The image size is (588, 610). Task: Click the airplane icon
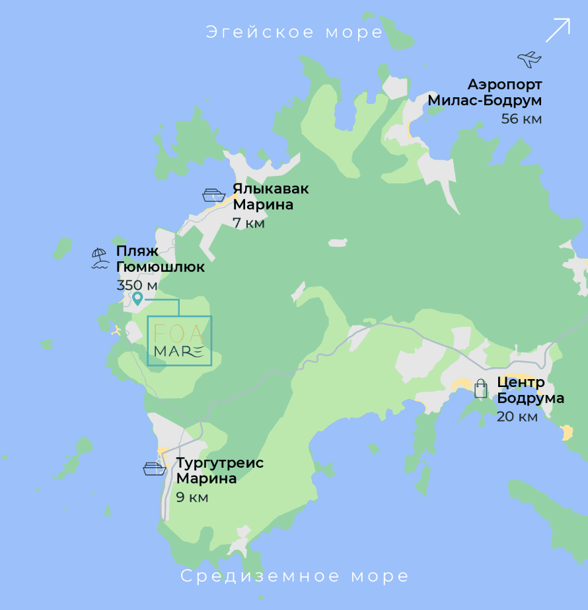[x=529, y=59]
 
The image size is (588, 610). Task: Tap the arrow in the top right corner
[x=557, y=30]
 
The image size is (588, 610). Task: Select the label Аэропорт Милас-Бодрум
[x=485, y=93]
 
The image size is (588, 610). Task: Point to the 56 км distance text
[x=521, y=119]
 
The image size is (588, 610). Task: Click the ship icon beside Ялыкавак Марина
[x=214, y=195]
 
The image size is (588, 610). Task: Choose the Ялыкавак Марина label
[x=270, y=196]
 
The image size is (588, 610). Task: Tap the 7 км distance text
[x=248, y=223]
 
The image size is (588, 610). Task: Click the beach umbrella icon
[x=100, y=258]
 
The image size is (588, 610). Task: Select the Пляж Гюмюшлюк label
[x=161, y=259]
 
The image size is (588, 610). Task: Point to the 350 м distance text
[x=137, y=285]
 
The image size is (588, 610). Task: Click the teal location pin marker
[x=137, y=298]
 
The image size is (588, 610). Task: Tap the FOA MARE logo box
[x=179, y=341]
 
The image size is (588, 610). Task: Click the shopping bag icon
[x=481, y=388]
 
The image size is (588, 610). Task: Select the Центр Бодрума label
[x=531, y=390]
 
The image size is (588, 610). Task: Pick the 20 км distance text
[x=517, y=417]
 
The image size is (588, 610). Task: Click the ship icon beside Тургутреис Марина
[x=154, y=469]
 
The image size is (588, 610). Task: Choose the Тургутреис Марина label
[x=219, y=470]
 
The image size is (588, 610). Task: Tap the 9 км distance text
[x=192, y=497]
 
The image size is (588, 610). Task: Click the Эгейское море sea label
[x=294, y=32]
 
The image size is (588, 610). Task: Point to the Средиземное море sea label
[x=295, y=576]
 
